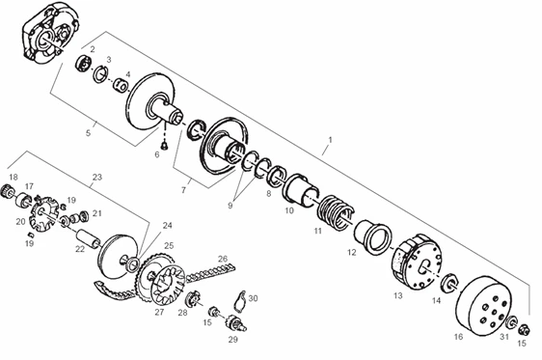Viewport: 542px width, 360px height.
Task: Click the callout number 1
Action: click(x=330, y=140)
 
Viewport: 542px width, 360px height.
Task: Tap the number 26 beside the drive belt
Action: click(x=223, y=259)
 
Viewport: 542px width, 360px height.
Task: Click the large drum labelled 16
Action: click(x=483, y=306)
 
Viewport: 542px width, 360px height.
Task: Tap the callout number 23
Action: click(x=97, y=177)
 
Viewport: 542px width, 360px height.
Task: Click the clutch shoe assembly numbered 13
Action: click(x=417, y=262)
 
